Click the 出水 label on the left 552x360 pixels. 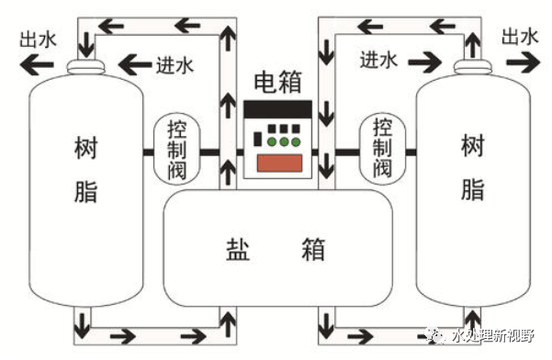pyautogui.click(x=38, y=39)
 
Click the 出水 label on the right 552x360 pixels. pyautogui.click(x=520, y=36)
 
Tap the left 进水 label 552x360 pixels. pyautogui.click(x=175, y=65)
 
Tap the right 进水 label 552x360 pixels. pyautogui.click(x=378, y=60)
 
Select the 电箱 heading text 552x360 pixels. pyautogui.click(x=278, y=82)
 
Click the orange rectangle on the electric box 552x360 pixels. pyautogui.click(x=279, y=163)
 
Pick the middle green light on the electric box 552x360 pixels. pyautogui.click(x=284, y=142)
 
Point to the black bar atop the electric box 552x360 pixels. pyautogui.click(x=277, y=109)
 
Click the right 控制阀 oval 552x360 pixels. pyautogui.click(x=382, y=149)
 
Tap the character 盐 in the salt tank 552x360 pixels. pyautogui.click(x=238, y=250)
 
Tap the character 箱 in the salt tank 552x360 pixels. pyautogui.click(x=313, y=250)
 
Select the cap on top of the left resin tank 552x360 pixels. pyautogui.click(x=86, y=66)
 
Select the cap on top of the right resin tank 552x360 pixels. pyautogui.click(x=472, y=66)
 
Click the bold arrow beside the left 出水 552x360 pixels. pyautogui.click(x=37, y=65)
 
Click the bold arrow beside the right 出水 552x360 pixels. pyautogui.click(x=524, y=62)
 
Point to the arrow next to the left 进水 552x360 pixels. pyautogui.click(x=136, y=65)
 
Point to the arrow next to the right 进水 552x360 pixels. pyautogui.click(x=425, y=62)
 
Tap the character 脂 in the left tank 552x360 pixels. pyautogui.click(x=85, y=191)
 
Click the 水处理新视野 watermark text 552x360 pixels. pyautogui.click(x=493, y=336)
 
